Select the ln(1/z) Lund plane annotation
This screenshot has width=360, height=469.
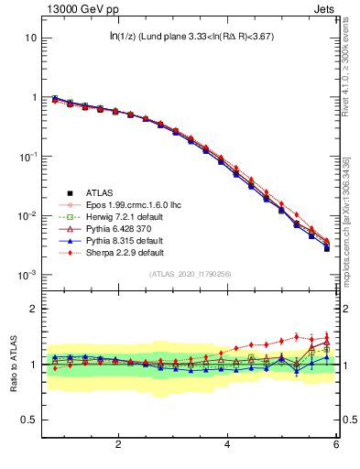[191, 37]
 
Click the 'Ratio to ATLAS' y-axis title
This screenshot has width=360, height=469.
[15, 363]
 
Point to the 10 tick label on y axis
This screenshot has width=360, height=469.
[31, 38]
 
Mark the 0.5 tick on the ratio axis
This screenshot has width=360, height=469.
[28, 420]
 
